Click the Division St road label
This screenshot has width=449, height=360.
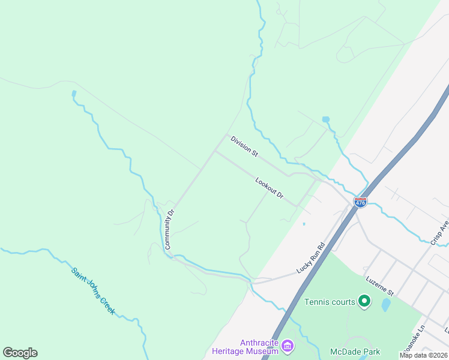[244, 146]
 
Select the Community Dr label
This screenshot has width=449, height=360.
[169, 229]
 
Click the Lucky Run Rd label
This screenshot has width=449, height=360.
[310, 258]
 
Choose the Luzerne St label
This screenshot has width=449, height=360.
[379, 286]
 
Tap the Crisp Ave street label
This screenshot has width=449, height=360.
[439, 231]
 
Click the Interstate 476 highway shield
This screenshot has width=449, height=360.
[360, 203]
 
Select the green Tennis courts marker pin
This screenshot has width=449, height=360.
[364, 301]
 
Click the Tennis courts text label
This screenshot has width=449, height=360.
[330, 302]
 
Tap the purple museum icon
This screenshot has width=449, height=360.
[288, 347]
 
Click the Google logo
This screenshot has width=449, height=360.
[20, 353]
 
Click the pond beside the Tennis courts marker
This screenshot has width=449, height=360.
[386, 305]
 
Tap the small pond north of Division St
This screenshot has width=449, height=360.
[326, 119]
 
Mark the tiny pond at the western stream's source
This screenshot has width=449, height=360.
[74, 94]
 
